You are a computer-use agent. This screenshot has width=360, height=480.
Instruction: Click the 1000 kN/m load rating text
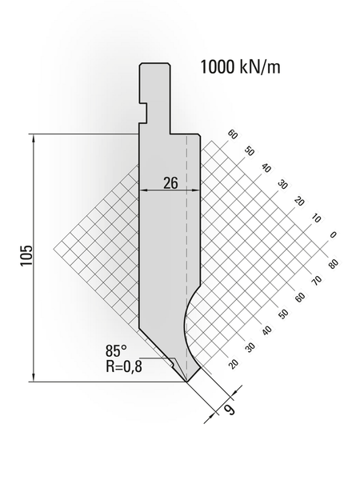pos(240,67)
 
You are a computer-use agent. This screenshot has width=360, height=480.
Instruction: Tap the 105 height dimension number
pos(26,256)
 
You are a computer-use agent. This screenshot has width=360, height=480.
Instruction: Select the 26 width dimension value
pos(170,183)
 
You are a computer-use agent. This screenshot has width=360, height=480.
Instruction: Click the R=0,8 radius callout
pos(124,366)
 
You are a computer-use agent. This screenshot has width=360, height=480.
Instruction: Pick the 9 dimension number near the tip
pos(230,409)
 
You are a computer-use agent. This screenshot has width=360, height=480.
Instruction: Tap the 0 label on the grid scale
pos(333,234)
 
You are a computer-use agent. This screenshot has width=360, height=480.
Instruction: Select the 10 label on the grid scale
pos(316,218)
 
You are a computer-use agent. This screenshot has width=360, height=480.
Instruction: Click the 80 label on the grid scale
pos(334,263)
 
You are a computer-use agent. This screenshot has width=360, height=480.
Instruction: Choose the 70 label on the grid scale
pos(317,280)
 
